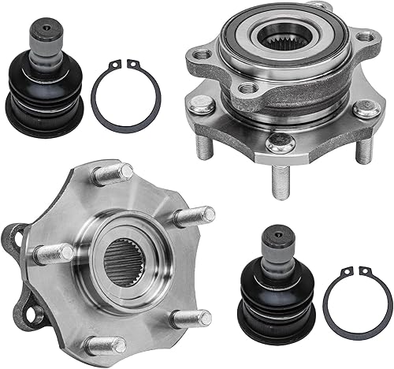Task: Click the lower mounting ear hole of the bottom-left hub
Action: pos(33,313)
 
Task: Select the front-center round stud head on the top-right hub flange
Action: pos(281,143)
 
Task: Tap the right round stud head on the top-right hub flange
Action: pos(366,109)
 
